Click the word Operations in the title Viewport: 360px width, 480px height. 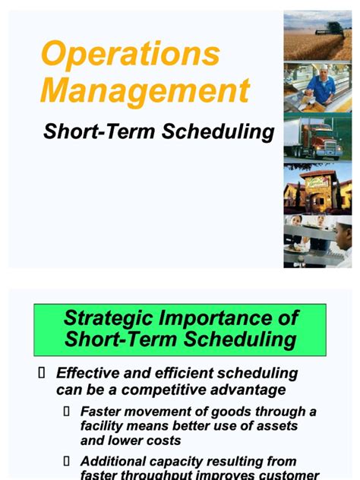pos(130,55)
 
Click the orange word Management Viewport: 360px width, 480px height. pos(144,91)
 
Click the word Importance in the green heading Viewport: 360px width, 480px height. pos(223,317)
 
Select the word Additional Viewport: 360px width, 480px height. pos(115,461)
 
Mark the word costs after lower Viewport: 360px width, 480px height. pos(167,441)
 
